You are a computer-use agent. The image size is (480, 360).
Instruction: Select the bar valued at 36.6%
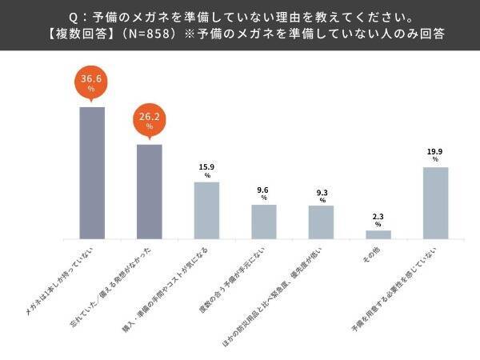click(x=92, y=172)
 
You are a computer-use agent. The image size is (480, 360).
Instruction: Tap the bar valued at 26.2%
click(x=150, y=191)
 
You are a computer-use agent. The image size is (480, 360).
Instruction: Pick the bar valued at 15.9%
click(x=206, y=210)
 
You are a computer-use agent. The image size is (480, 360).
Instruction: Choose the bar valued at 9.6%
click(x=264, y=222)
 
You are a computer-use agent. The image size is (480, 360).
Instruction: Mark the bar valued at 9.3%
click(x=322, y=222)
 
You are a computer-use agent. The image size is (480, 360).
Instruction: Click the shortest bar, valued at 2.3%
click(x=378, y=234)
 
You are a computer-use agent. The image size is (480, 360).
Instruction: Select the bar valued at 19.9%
click(x=436, y=202)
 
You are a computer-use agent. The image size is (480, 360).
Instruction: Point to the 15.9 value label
click(x=206, y=167)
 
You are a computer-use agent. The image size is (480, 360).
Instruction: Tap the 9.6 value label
click(x=264, y=190)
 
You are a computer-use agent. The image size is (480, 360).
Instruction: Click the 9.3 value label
click(x=322, y=191)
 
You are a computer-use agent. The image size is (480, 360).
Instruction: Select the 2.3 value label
click(x=378, y=216)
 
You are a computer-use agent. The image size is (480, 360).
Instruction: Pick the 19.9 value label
click(x=436, y=152)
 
